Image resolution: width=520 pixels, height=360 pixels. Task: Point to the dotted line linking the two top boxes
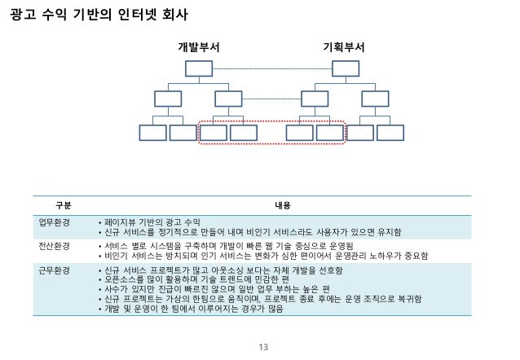pyautogui.click(x=271, y=68)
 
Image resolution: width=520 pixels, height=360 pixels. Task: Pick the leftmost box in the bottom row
pyautogui.click(x=152, y=132)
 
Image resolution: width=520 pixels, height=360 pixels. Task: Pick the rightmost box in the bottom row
pyautogui.click(x=390, y=132)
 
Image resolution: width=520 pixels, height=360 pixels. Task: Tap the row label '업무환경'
pyautogui.click(x=55, y=222)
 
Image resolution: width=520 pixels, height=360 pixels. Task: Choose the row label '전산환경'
pyautogui.click(x=55, y=245)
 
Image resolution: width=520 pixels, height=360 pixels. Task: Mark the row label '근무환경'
pyautogui.click(x=55, y=269)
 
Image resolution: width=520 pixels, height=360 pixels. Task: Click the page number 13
pyautogui.click(x=262, y=348)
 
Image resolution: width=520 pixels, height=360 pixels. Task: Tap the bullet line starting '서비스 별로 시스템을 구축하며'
pyautogui.click(x=228, y=245)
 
